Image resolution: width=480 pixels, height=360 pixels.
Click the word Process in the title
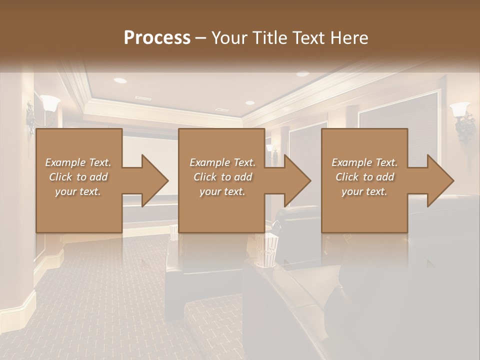tap(157, 38)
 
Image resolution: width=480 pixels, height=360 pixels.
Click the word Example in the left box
tap(65, 162)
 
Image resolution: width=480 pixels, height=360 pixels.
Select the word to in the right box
tap(368, 177)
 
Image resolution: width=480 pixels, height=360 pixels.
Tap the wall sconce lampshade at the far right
tap(459, 109)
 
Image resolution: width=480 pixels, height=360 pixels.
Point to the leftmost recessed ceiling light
tap(120, 80)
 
